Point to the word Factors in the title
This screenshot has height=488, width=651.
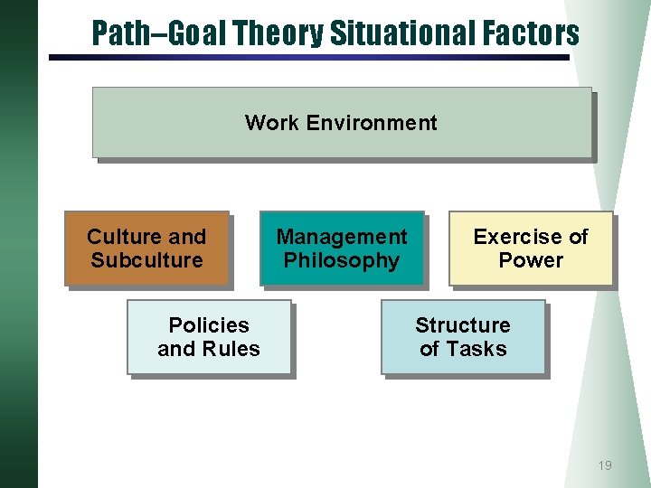click(530, 33)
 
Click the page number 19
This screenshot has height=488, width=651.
click(605, 465)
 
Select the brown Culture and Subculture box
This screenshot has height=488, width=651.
click(146, 249)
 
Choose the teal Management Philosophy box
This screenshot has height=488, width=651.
click(341, 249)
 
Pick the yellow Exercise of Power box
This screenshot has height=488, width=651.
click(531, 249)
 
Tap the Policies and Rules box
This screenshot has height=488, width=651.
click(208, 336)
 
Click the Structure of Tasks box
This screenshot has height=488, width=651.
click(463, 336)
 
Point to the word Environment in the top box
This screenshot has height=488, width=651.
click(372, 123)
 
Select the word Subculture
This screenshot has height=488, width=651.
click(146, 260)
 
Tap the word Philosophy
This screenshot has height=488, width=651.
click(341, 261)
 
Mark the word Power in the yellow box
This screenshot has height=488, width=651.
click(531, 260)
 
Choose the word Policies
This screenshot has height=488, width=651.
click(209, 324)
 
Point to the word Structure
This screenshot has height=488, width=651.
click(463, 324)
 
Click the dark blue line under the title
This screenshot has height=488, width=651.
click(308, 57)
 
